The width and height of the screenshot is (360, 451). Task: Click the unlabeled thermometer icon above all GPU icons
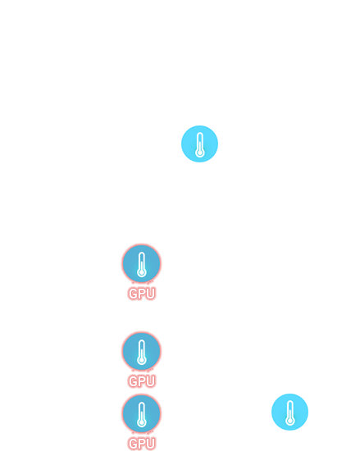[x=199, y=143]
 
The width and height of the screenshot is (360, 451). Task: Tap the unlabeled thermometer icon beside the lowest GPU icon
[x=289, y=412]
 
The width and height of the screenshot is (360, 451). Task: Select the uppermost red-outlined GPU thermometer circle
[x=142, y=263]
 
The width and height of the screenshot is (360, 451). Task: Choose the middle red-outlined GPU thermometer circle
[x=142, y=351]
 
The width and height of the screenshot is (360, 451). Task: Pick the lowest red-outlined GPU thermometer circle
[x=142, y=413]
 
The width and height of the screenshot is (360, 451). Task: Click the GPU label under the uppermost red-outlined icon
[x=142, y=294]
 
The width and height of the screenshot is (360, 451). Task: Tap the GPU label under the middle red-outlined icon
[x=142, y=381]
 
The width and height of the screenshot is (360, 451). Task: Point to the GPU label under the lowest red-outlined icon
[x=142, y=444]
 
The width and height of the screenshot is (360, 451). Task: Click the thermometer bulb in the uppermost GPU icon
[x=142, y=272]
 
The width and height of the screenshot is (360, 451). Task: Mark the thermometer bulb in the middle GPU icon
[x=142, y=360]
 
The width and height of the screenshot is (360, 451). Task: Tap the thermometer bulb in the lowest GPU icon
[x=142, y=422]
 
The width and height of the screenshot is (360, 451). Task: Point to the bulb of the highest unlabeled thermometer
[x=200, y=153]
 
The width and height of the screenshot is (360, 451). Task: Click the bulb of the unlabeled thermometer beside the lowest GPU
[x=290, y=421]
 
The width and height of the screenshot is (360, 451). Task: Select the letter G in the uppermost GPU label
[x=133, y=294]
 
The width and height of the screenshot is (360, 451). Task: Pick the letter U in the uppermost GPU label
[x=151, y=294]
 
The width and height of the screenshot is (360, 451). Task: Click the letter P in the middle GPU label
[x=142, y=381]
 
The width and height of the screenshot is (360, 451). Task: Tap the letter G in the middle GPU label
[x=133, y=381]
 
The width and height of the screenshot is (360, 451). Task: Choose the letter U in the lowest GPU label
[x=151, y=444]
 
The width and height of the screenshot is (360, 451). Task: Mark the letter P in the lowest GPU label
[x=142, y=444]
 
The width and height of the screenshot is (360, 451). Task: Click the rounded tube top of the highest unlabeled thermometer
[x=200, y=134]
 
